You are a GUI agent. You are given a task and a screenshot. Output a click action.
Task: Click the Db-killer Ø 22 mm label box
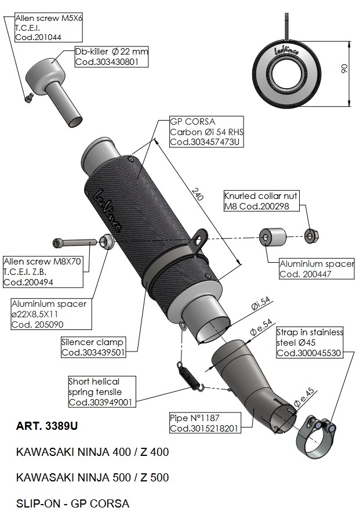pyautogui.click(x=111, y=56)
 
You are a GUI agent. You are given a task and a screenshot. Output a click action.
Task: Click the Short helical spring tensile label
pyautogui.click(x=101, y=392)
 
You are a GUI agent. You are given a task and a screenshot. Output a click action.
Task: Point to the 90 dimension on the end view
pyautogui.click(x=343, y=70)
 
